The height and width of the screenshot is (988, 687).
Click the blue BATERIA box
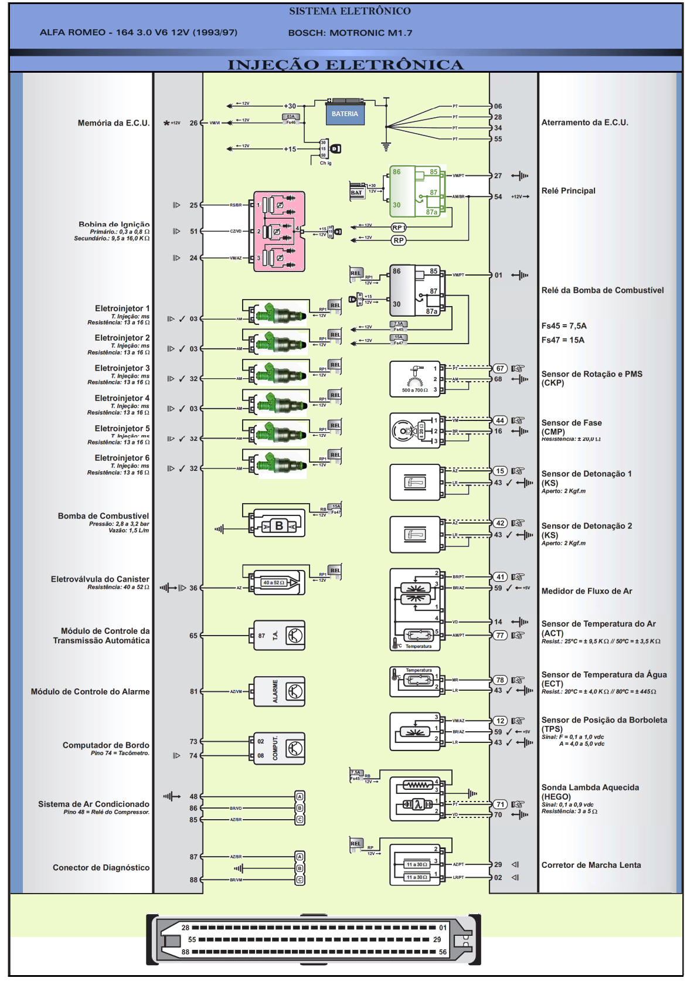[x=345, y=114]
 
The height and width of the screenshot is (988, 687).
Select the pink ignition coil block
[x=279, y=231]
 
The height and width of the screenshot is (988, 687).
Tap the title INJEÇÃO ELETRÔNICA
[x=345, y=64]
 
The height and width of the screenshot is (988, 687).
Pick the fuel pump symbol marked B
[x=279, y=526]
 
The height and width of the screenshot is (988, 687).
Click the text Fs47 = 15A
[x=563, y=340]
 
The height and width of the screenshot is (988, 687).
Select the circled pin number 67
[x=499, y=368]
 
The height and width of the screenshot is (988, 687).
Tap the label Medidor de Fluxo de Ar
[x=586, y=591]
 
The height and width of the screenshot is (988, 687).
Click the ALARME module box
[x=279, y=692]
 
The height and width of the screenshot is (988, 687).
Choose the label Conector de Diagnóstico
[x=101, y=868]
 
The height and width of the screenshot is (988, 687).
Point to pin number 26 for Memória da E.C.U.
[x=193, y=123]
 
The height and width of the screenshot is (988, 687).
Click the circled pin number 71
[x=499, y=804]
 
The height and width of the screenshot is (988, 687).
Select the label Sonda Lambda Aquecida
[x=590, y=787]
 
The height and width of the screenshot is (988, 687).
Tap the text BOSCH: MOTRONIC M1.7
[x=350, y=33]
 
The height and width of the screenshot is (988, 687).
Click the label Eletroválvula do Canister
[x=100, y=579]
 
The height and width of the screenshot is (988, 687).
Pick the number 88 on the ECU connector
[x=185, y=952]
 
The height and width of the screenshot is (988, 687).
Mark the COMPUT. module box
[x=279, y=748]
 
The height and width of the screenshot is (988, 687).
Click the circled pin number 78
[x=499, y=680]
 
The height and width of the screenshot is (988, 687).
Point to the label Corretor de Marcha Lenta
[x=591, y=865]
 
